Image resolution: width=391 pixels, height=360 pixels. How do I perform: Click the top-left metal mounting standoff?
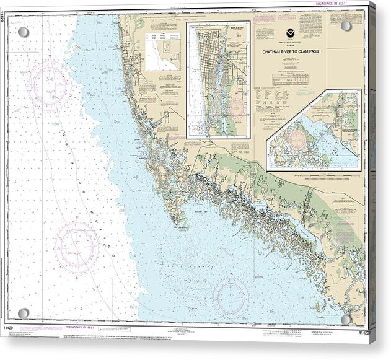click(x=23, y=32)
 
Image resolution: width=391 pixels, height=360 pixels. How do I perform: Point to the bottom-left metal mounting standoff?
click(x=24, y=313)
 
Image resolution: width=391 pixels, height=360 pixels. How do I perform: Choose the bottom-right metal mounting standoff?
click(x=346, y=319)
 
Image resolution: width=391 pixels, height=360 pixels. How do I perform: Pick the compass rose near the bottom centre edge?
click(x=231, y=296)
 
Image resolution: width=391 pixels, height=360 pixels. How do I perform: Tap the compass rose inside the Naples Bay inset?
click(x=235, y=109)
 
